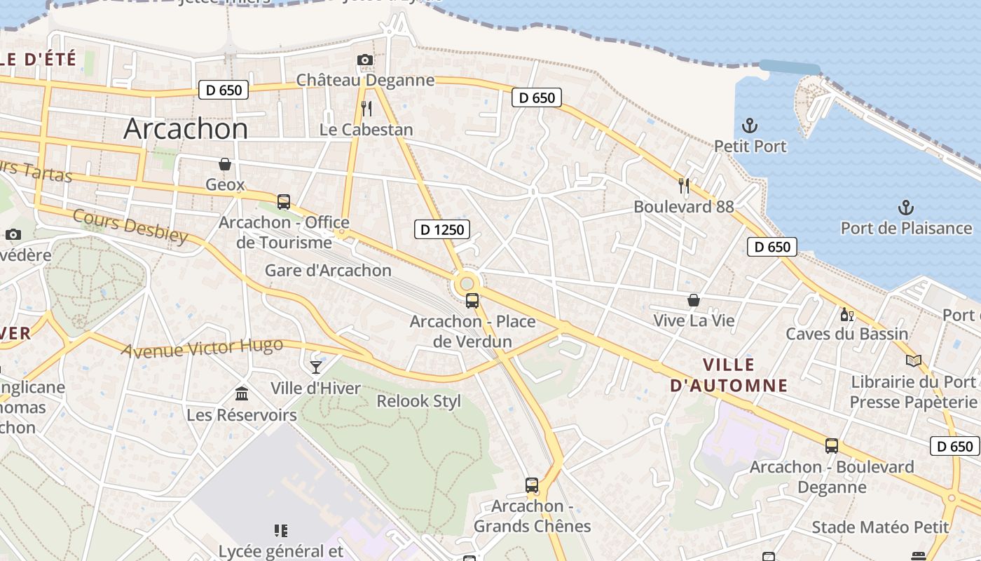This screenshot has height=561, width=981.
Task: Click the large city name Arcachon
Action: (186, 129)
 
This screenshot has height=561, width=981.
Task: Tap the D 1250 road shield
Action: (441, 229)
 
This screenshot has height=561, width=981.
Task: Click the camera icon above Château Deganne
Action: (365, 60)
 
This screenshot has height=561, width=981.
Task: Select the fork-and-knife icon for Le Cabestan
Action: (366, 108)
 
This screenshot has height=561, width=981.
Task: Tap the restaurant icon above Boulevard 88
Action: (684, 186)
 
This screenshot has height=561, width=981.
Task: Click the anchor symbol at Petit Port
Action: (750, 126)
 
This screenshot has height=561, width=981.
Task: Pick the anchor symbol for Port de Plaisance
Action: (906, 208)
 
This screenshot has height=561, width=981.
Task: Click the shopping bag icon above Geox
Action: (225, 164)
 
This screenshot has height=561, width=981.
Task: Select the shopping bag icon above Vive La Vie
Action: (693, 300)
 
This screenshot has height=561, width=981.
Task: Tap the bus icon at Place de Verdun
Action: (472, 301)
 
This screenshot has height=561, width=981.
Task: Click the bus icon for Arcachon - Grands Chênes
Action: (532, 485)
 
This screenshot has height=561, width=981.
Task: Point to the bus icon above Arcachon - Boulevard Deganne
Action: (831, 446)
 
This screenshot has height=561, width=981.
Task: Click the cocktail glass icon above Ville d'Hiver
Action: (316, 367)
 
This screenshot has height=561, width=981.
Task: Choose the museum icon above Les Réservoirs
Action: (242, 393)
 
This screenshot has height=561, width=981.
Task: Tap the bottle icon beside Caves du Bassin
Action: (846, 314)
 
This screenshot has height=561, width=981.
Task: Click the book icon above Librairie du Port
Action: (913, 361)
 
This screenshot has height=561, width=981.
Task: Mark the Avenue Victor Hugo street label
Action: (203, 347)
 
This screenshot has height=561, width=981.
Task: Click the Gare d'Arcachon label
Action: (328, 271)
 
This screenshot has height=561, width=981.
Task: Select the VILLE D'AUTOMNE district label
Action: (729, 375)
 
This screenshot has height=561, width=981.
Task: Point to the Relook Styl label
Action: (419, 401)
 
